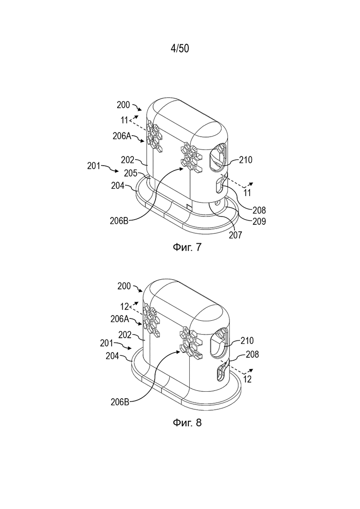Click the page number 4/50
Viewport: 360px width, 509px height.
click(180, 48)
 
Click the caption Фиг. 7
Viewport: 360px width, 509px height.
click(186, 247)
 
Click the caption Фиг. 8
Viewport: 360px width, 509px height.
click(186, 422)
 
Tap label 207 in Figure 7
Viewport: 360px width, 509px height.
click(235, 235)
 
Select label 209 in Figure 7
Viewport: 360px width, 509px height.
click(259, 222)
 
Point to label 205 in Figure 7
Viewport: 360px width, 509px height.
click(131, 173)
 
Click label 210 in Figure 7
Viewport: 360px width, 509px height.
click(246, 160)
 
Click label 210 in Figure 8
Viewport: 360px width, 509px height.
click(247, 341)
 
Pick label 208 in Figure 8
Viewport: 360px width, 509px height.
click(252, 354)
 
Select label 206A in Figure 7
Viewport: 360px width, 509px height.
click(122, 136)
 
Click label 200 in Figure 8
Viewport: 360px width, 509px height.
click(124, 286)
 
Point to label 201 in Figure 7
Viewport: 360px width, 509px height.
click(94, 166)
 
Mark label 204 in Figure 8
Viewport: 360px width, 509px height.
click(113, 356)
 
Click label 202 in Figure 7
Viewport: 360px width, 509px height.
click(128, 160)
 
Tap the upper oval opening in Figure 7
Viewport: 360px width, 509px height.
click(218, 158)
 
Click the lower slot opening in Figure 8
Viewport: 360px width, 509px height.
click(221, 372)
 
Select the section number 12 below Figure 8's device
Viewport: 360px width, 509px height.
click(247, 379)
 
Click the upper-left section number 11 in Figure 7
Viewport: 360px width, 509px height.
click(124, 120)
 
